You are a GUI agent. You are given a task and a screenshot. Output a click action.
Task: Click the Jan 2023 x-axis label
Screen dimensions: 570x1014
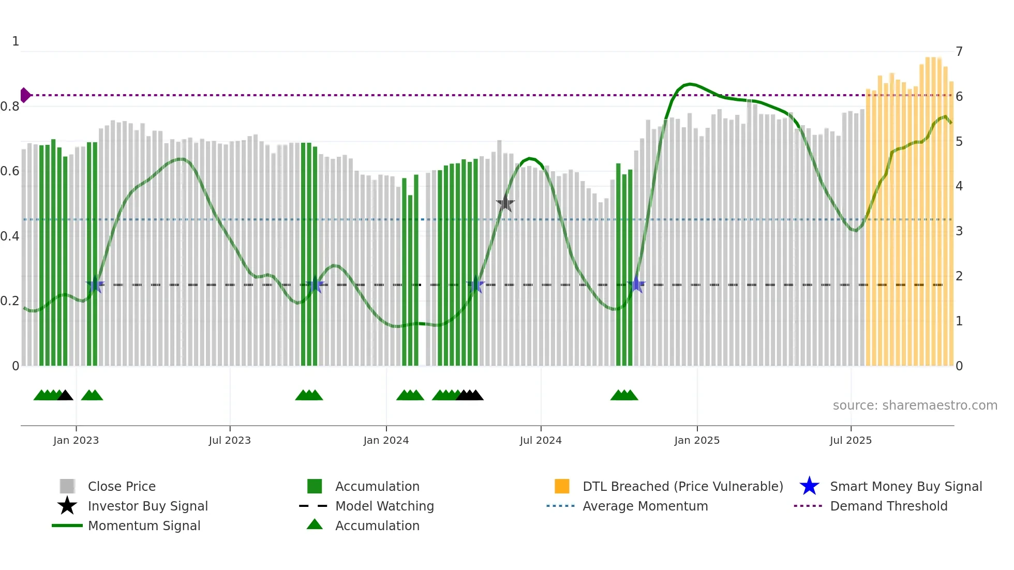coord(76,440)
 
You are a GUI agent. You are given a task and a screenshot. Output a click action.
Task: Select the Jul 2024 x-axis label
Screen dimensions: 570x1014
coord(541,440)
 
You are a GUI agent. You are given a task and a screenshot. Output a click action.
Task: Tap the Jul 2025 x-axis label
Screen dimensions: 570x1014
coord(851,440)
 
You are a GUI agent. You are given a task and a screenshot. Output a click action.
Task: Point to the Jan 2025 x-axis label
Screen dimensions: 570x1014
coord(697,440)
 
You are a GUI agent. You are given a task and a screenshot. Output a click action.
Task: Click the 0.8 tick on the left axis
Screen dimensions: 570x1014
coord(10,107)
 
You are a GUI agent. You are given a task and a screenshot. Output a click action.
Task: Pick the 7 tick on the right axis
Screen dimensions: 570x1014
coord(959,52)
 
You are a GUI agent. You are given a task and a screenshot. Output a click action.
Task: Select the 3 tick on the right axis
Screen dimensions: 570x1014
coord(959,231)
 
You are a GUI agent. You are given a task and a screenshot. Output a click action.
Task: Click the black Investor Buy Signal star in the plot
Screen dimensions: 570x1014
coord(505,204)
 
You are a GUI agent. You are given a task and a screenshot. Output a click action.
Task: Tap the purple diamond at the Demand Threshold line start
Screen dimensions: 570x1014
coord(25,95)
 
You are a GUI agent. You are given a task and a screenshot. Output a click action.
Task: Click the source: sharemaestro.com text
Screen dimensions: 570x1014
coord(915,406)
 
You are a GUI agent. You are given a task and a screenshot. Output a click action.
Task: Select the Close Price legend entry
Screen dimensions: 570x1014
coord(122,486)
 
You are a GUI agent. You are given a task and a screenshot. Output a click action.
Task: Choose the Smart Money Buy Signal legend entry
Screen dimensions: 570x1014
coord(905,486)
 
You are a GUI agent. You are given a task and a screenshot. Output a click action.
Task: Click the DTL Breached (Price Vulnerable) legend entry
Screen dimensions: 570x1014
coord(682,486)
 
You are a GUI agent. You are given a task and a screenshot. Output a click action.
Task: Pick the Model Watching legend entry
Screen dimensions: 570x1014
coord(384,506)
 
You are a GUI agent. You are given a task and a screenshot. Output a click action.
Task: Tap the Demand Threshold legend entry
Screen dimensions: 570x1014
coord(888,506)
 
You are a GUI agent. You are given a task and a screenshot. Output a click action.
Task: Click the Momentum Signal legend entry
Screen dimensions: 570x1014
coord(144,526)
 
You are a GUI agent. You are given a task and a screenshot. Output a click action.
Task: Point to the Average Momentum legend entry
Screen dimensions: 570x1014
coord(645,506)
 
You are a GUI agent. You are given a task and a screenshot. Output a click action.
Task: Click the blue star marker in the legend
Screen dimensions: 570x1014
coord(809,486)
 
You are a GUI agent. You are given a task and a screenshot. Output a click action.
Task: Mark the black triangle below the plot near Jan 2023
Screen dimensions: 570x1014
coord(65,396)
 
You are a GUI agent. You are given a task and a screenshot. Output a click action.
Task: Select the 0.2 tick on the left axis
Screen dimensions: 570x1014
coord(10,301)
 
